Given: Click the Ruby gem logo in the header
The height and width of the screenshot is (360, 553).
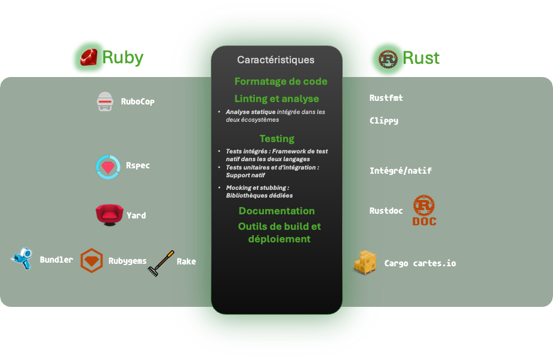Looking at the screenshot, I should click(88, 57).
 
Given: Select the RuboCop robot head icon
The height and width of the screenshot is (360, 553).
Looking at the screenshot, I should click(105, 101).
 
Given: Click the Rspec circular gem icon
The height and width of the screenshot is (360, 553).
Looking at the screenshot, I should click(108, 167).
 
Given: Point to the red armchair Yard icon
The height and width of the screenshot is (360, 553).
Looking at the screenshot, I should click(109, 214).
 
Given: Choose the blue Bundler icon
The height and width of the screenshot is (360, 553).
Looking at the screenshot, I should click(22, 259).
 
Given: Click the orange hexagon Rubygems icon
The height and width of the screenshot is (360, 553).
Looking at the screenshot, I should click(91, 261).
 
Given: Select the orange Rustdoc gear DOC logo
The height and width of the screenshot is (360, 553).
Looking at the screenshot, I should click(424, 210).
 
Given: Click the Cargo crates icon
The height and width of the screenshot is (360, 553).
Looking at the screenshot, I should click(365, 263).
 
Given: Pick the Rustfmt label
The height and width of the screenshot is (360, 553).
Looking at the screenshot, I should click(386, 98).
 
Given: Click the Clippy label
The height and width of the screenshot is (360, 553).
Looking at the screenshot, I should click(383, 121).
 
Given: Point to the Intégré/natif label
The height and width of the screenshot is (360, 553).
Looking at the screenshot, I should click(400, 171).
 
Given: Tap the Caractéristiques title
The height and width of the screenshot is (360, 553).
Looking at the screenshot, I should click(275, 60).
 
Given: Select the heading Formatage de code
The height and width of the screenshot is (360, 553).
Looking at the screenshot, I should click(281, 81).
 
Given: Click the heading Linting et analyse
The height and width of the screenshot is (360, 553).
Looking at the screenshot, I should click(276, 99).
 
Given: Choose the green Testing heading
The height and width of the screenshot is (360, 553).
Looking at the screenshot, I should click(276, 139).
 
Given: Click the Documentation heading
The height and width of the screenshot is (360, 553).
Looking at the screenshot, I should click(276, 211).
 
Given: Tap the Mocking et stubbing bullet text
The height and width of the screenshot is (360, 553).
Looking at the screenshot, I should click(257, 192).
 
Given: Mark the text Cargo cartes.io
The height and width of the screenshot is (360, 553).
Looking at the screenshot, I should click(420, 263).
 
